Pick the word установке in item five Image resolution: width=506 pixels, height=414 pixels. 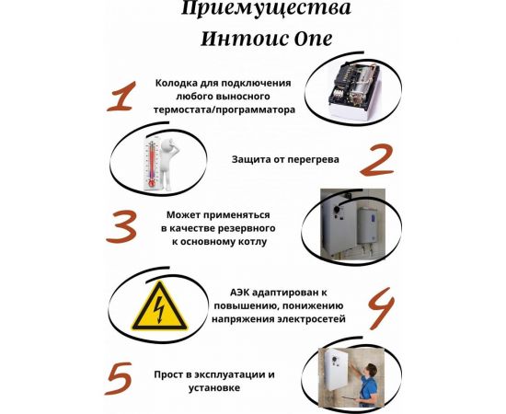pos(213,389)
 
